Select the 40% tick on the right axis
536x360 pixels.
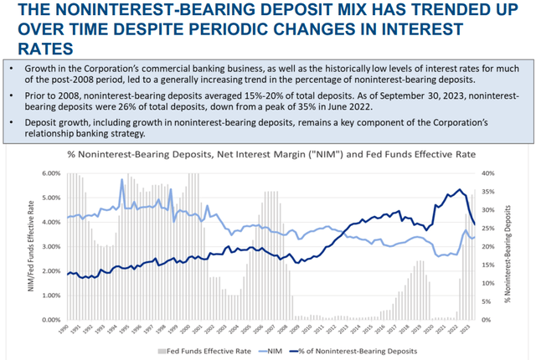point(487,173)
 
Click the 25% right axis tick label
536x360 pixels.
point(487,228)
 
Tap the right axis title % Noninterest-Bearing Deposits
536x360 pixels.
point(508,246)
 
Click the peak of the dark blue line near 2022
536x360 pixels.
point(458,190)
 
